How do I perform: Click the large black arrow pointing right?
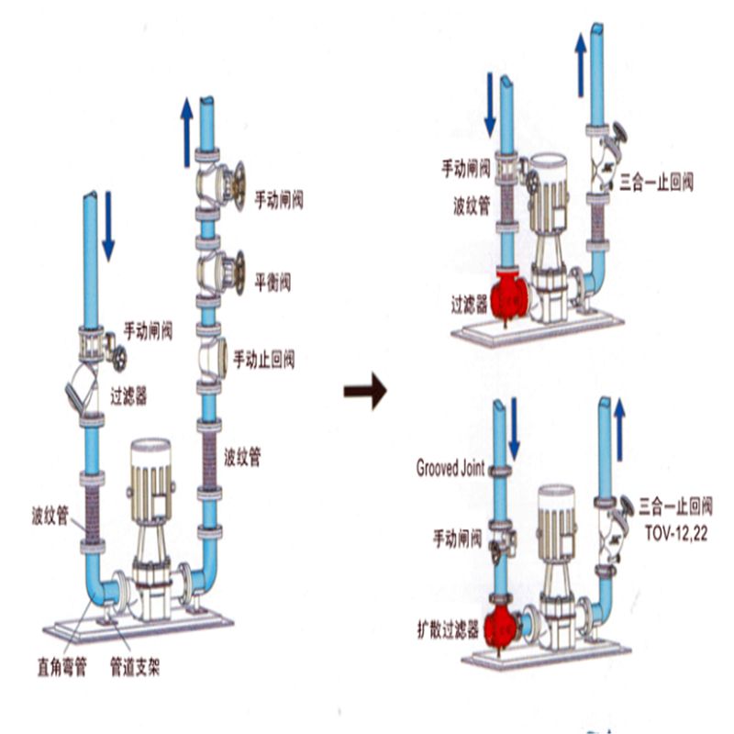364,392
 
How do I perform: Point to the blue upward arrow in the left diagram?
186,132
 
